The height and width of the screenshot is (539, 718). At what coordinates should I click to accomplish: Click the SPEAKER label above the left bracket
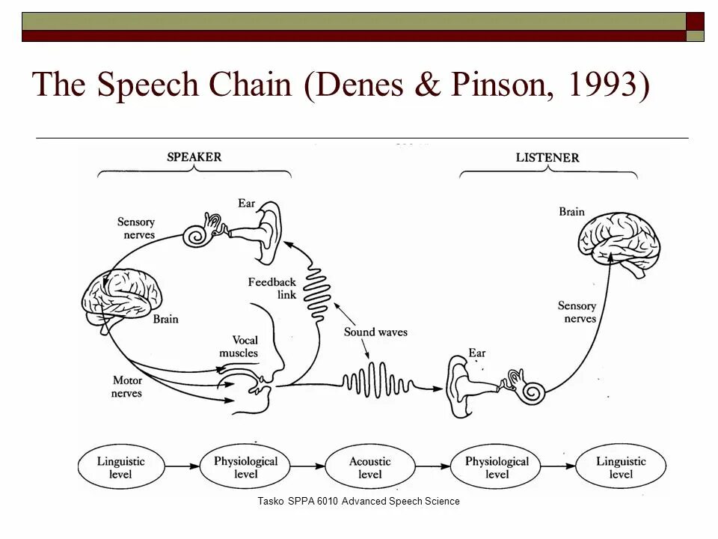click(x=194, y=157)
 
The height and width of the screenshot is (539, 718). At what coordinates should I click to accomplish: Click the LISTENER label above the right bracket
click(x=547, y=158)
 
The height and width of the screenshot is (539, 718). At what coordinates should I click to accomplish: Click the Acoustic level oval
click(x=370, y=468)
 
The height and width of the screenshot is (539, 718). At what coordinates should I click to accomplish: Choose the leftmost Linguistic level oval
click(x=120, y=468)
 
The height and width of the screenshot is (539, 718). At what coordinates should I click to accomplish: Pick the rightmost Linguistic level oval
click(x=620, y=468)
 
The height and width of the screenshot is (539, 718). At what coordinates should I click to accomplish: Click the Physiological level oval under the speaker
click(x=245, y=468)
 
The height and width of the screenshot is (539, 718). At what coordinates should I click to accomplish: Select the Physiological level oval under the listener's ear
click(x=496, y=468)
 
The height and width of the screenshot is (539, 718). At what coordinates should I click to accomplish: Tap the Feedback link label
click(x=272, y=288)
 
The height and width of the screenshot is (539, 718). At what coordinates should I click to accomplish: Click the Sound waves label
click(x=375, y=332)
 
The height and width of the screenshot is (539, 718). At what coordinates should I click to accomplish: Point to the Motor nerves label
click(x=127, y=386)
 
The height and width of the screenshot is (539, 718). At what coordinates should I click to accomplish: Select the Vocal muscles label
click(x=239, y=347)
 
